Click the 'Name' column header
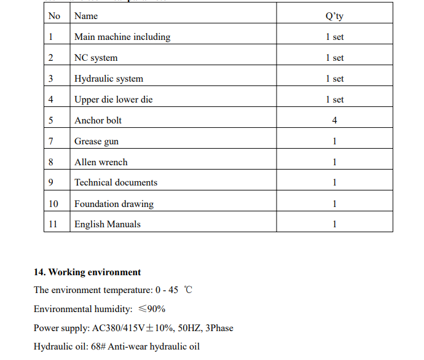[86, 16]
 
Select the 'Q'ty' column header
[334, 16]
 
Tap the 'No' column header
[54, 16]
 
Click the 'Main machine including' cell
[122, 37]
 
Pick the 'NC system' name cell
[96, 58]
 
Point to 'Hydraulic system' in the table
[109, 79]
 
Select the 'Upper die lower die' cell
[114, 100]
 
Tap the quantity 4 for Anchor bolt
[334, 120]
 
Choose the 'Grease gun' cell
[96, 141]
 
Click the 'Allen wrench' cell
[101, 162]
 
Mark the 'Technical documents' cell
[116, 182]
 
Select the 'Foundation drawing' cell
[114, 203]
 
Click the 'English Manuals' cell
[108, 224]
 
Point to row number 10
[53, 203]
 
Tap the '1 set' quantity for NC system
[334, 58]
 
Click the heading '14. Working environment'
[87, 272]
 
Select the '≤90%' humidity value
[151, 309]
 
